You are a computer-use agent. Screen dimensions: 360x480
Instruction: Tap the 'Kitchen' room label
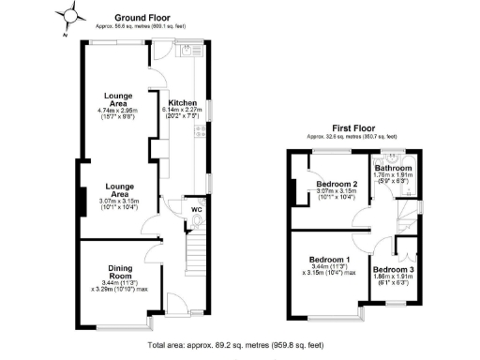coord(182,102)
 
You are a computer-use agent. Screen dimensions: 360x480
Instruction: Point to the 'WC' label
coord(197,209)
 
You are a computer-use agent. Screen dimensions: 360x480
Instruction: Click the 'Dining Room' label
coord(118,273)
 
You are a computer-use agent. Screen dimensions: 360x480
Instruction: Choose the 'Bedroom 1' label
coord(330,260)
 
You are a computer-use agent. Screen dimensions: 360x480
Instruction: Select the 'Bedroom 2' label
coord(337,184)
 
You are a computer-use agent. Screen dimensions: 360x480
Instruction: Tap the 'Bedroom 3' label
coord(393,269)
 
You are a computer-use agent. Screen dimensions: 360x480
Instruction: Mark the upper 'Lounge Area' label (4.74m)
coord(118,97)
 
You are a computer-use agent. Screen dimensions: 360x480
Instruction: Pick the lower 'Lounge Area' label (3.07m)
coord(118,190)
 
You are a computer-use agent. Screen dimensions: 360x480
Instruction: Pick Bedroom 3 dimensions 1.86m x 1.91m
coord(393,277)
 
